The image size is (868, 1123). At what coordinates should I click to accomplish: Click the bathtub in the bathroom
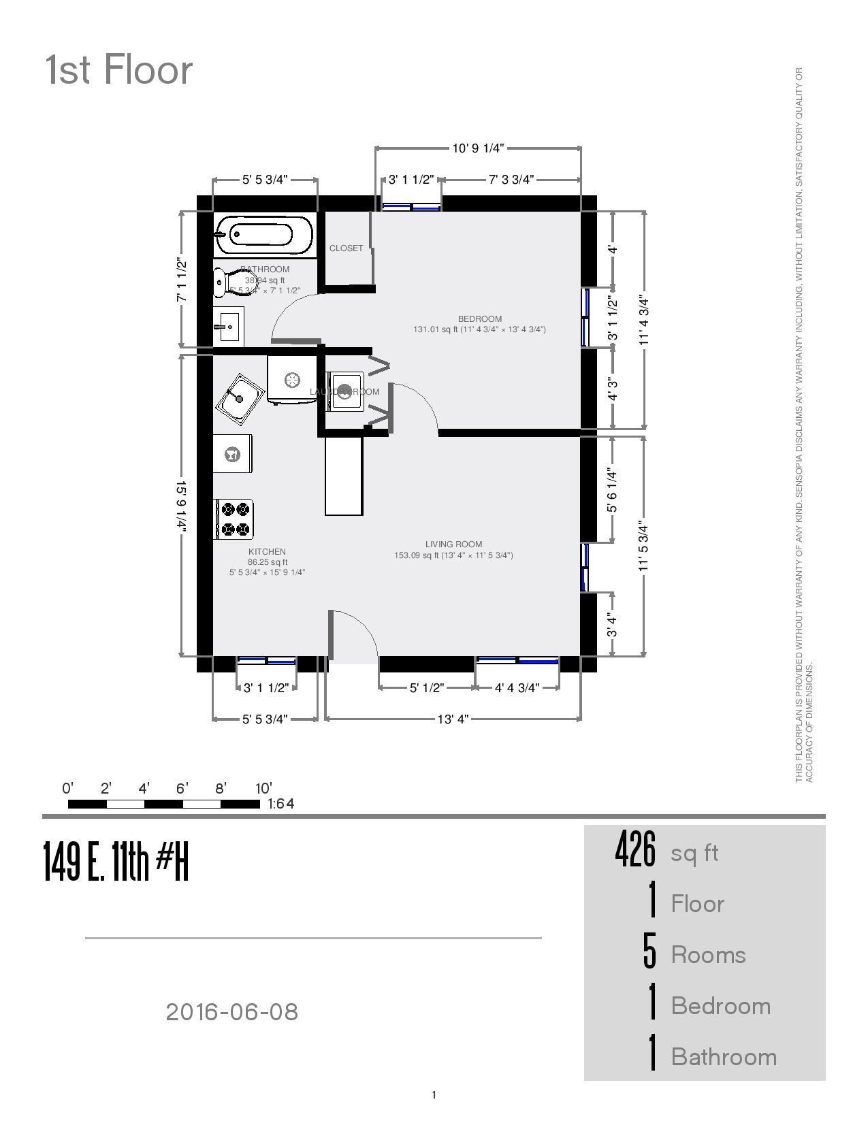(263, 234)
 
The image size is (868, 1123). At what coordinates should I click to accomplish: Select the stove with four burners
(234, 519)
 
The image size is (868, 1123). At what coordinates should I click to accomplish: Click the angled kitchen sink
(240, 400)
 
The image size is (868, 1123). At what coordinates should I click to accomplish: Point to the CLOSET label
(346, 248)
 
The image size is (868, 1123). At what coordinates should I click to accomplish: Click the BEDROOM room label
(479, 319)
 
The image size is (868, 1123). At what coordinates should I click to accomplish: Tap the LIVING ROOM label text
(453, 544)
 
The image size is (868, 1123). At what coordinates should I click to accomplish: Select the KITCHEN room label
(267, 551)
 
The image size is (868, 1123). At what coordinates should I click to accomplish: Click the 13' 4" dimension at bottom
(453, 719)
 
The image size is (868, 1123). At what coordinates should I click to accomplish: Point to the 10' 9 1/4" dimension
(478, 148)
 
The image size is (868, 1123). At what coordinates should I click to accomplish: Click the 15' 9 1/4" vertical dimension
(181, 504)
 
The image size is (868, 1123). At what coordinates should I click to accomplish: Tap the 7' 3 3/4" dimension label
(511, 180)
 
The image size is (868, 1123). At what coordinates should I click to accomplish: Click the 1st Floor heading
(119, 71)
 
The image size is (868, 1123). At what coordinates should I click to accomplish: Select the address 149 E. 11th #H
(116, 861)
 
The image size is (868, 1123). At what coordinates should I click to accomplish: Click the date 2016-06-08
(231, 1012)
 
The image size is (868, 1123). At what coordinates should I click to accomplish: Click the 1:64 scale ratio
(280, 804)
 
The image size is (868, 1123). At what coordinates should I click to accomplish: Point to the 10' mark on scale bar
(263, 789)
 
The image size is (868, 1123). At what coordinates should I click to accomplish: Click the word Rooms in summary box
(708, 955)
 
